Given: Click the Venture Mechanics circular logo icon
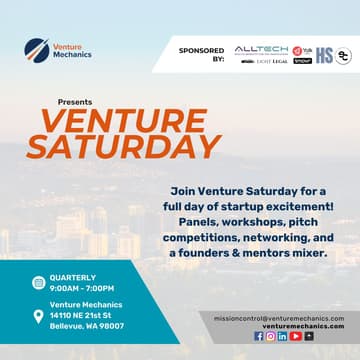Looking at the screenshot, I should (x=37, y=49).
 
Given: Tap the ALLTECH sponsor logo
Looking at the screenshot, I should (x=261, y=49).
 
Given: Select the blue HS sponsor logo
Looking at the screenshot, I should (x=324, y=56).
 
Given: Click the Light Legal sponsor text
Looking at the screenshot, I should (x=271, y=61).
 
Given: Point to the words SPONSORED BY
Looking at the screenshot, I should (x=202, y=54).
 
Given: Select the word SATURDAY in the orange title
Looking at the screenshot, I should (x=123, y=146).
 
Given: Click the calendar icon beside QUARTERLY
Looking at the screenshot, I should (x=38, y=283).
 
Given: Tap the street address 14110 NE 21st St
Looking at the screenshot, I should (x=86, y=315).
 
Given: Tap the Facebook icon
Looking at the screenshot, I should (x=259, y=336).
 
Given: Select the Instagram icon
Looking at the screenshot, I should (x=270, y=336).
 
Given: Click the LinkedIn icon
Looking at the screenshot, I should (x=282, y=336).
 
